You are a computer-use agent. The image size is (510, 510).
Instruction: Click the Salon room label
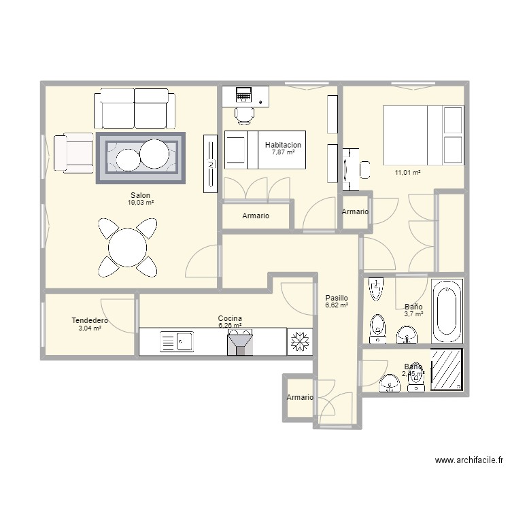tap(140, 195)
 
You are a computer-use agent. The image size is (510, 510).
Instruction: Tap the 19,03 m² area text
tap(140, 203)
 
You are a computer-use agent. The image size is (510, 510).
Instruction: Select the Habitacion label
tap(283, 145)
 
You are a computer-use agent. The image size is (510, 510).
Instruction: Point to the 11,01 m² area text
tap(407, 173)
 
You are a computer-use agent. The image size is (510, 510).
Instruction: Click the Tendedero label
tap(90, 320)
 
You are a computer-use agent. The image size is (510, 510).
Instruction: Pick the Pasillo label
tap(336, 298)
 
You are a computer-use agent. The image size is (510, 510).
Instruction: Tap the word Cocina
tap(230, 318)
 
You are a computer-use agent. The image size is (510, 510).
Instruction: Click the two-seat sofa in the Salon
tap(134, 107)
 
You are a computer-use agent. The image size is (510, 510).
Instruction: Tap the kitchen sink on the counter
tap(177, 341)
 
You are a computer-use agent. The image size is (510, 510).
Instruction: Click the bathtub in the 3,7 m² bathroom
tap(448, 312)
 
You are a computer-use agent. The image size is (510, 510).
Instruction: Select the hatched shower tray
tap(447, 370)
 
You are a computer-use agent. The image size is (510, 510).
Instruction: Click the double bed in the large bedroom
tap(423, 134)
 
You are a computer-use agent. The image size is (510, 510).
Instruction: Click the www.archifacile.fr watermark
tap(469, 460)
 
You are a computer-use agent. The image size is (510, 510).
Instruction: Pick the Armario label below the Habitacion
tap(256, 216)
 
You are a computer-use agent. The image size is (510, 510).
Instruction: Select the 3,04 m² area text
tap(90, 328)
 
